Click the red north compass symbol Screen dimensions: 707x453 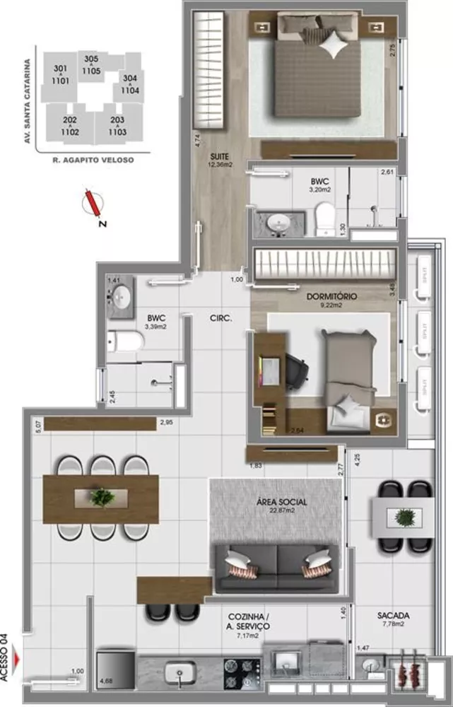point(93,204)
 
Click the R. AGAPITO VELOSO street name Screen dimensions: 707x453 point(93,160)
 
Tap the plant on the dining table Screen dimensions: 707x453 point(102,497)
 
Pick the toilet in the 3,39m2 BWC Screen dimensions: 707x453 point(126,342)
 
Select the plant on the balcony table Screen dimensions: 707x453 point(404,517)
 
